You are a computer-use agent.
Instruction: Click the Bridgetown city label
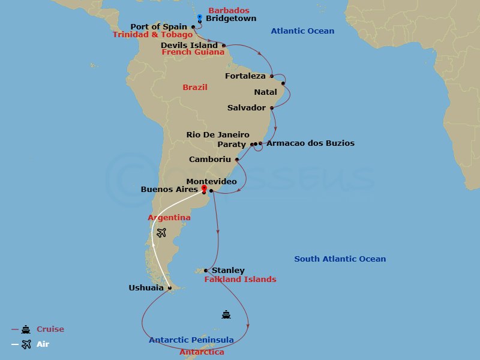coord(230,19)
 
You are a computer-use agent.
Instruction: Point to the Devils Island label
coord(189,45)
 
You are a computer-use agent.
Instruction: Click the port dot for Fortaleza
coord(272,76)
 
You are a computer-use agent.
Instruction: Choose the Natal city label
coord(266,92)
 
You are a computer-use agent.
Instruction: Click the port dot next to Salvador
coord(272,108)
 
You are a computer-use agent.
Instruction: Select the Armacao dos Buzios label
coord(310,143)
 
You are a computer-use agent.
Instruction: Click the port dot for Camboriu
coord(238,160)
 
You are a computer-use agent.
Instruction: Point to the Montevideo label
coord(211,181)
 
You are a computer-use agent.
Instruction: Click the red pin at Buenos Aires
coord(204,189)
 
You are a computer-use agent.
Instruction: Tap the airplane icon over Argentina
coord(160,232)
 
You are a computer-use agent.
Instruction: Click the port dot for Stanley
coord(206,271)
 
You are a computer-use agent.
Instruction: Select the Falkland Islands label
coord(240,279)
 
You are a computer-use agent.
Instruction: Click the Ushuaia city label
coord(146,288)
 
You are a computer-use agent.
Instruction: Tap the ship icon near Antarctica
coord(226,313)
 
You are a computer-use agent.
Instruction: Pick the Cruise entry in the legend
coord(50,329)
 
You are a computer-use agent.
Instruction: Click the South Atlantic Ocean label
coord(340,259)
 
